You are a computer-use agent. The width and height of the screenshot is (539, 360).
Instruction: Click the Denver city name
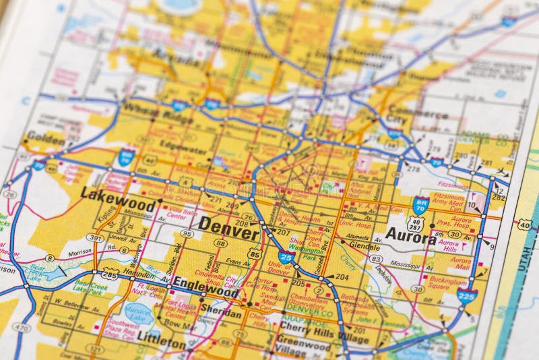[x=228, y=228]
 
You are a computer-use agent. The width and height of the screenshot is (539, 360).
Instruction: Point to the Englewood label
[x=205, y=286]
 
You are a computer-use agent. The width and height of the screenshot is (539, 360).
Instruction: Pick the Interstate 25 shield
[x=286, y=258]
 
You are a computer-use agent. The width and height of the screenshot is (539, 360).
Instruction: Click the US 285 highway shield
[x=110, y=274]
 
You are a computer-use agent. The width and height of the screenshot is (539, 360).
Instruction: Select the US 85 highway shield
[x=255, y=253]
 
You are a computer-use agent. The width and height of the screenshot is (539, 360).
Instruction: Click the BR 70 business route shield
[x=421, y=205]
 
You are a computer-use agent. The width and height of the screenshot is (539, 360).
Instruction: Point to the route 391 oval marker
[x=95, y=238]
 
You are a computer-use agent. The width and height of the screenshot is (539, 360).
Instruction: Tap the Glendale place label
[x=364, y=246]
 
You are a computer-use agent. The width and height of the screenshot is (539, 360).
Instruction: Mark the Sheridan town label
[x=221, y=314]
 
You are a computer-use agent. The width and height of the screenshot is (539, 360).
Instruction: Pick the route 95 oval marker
[x=187, y=234]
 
